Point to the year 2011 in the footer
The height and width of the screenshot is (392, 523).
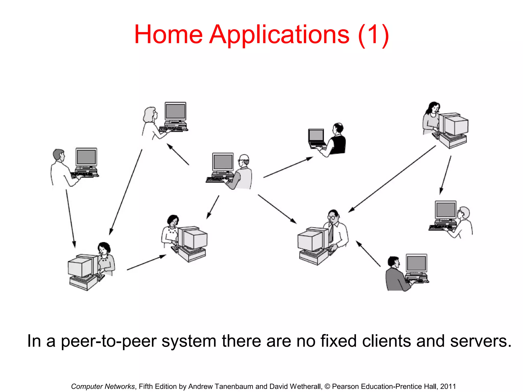pos(448,386)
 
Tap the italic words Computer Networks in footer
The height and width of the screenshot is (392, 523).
pos(103,386)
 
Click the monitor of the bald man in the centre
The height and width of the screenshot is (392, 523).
pos(223,162)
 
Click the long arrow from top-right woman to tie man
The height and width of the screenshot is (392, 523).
pos(392,179)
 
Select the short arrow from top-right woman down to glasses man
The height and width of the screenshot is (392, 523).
pos(445,175)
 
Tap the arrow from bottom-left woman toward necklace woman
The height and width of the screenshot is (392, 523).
pos(146,262)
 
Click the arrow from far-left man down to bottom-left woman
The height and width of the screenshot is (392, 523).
pos(70,218)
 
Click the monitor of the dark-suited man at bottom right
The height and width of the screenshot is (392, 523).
pos(416,263)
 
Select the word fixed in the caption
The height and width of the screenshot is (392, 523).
pos(338,341)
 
